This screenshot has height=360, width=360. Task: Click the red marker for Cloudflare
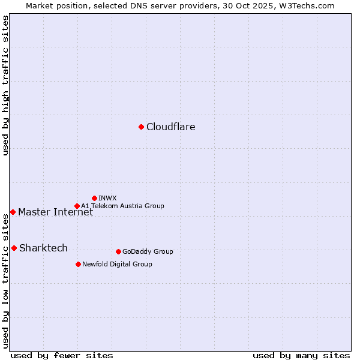tap(141, 127)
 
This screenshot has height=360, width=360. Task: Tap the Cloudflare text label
tap(171, 127)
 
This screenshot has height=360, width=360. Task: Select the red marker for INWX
tap(94, 198)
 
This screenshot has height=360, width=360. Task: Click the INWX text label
tap(107, 198)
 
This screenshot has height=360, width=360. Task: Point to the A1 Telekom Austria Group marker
tap(77, 206)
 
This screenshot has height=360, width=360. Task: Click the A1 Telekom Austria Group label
tap(122, 206)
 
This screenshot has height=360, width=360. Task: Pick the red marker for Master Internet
tap(13, 212)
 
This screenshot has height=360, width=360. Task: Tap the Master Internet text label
tap(55, 212)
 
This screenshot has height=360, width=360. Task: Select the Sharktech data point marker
tap(14, 248)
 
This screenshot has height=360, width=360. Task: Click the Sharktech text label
tap(43, 248)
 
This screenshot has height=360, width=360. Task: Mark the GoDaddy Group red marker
tap(118, 251)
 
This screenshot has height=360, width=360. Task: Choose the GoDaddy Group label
tap(148, 251)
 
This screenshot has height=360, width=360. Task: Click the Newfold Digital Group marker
tap(78, 264)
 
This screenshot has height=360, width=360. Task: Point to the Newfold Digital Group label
tap(117, 264)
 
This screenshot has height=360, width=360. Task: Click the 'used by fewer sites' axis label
tap(62, 355)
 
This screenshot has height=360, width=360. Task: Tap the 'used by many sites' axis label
tap(301, 355)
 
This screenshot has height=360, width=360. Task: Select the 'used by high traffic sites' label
tap(5, 85)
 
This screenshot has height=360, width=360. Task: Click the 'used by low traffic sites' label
tap(5, 281)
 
